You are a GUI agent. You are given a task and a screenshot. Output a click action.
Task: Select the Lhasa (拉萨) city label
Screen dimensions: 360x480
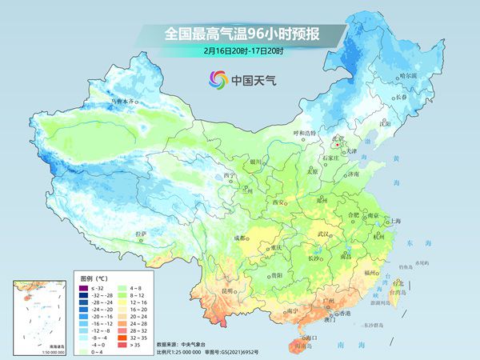pyautogui.click(x=141, y=233)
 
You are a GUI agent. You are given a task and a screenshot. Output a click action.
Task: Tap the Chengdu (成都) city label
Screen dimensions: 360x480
pyautogui.click(x=238, y=238)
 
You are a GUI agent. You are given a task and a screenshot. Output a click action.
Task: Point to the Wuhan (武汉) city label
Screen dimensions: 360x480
pyautogui.click(x=323, y=233)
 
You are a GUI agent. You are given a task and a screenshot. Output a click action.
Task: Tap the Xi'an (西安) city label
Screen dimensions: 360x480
pyautogui.click(x=279, y=202)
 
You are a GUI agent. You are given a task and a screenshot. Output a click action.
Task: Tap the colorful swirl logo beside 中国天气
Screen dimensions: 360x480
pyautogui.click(x=218, y=79)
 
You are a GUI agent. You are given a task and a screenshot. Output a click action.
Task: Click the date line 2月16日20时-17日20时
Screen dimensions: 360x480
pyautogui.click(x=240, y=50)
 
